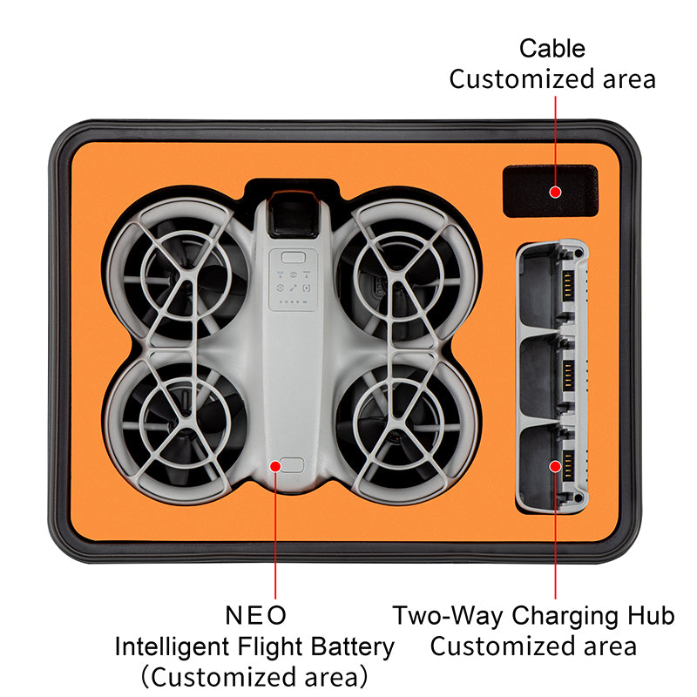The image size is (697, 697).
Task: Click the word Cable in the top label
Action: click(552, 49)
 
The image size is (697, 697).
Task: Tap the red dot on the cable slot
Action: click(555, 192)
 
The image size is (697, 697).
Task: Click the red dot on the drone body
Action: click(275, 466)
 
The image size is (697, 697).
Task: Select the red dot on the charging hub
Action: click(555, 466)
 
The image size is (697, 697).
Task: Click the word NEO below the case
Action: click(255, 616)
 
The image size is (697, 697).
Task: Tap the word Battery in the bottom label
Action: click(352, 647)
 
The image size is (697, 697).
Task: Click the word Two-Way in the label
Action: click(449, 617)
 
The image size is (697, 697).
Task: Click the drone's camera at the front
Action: click(293, 216)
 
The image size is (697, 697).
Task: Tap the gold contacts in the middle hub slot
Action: click(569, 376)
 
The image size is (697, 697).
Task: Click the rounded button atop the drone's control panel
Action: click(294, 257)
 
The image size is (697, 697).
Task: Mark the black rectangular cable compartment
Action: click(551, 191)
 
